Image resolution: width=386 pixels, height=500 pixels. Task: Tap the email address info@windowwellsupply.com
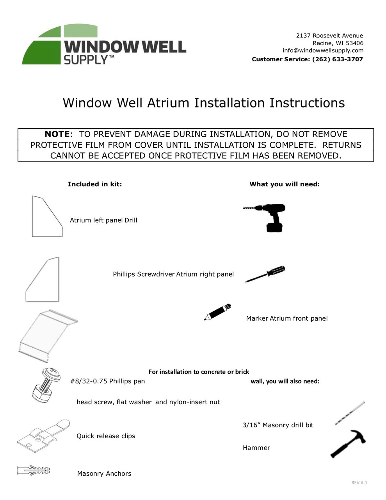pos(323,50)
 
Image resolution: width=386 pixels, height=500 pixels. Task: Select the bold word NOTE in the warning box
pos(57,134)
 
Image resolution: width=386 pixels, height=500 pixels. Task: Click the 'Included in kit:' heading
pos(95,184)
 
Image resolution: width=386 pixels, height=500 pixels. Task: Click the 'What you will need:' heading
pos(285,184)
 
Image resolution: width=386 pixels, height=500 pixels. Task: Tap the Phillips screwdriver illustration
pos(265,274)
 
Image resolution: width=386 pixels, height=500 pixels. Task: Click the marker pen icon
pos(217,312)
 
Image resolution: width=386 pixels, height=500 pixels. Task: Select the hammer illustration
pos(347,444)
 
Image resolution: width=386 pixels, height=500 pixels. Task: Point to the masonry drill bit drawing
pos(350,413)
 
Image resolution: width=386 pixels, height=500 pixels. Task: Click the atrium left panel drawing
pos(46,217)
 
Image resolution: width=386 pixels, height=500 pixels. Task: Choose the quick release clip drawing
pos(43,436)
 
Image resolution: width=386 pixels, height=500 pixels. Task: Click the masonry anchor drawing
pos(34,470)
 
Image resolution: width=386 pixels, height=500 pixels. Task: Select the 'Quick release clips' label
pos(106,436)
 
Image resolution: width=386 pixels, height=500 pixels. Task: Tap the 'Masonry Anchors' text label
pos(104,473)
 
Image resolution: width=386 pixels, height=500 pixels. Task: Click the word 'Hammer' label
pos(256,448)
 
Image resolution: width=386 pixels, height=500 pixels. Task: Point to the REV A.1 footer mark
pos(359,483)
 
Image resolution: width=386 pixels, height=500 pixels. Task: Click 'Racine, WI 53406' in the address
pos(338,43)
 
